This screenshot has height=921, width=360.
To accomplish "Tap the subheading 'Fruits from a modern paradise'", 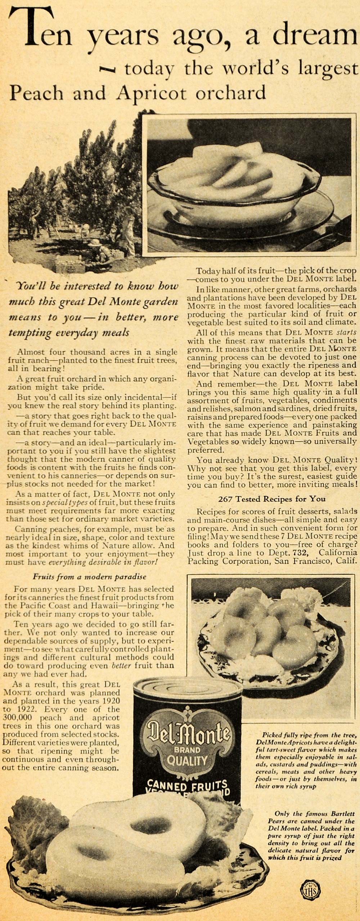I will click(x=90, y=576).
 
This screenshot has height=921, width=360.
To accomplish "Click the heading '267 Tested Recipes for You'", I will click(x=272, y=499).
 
